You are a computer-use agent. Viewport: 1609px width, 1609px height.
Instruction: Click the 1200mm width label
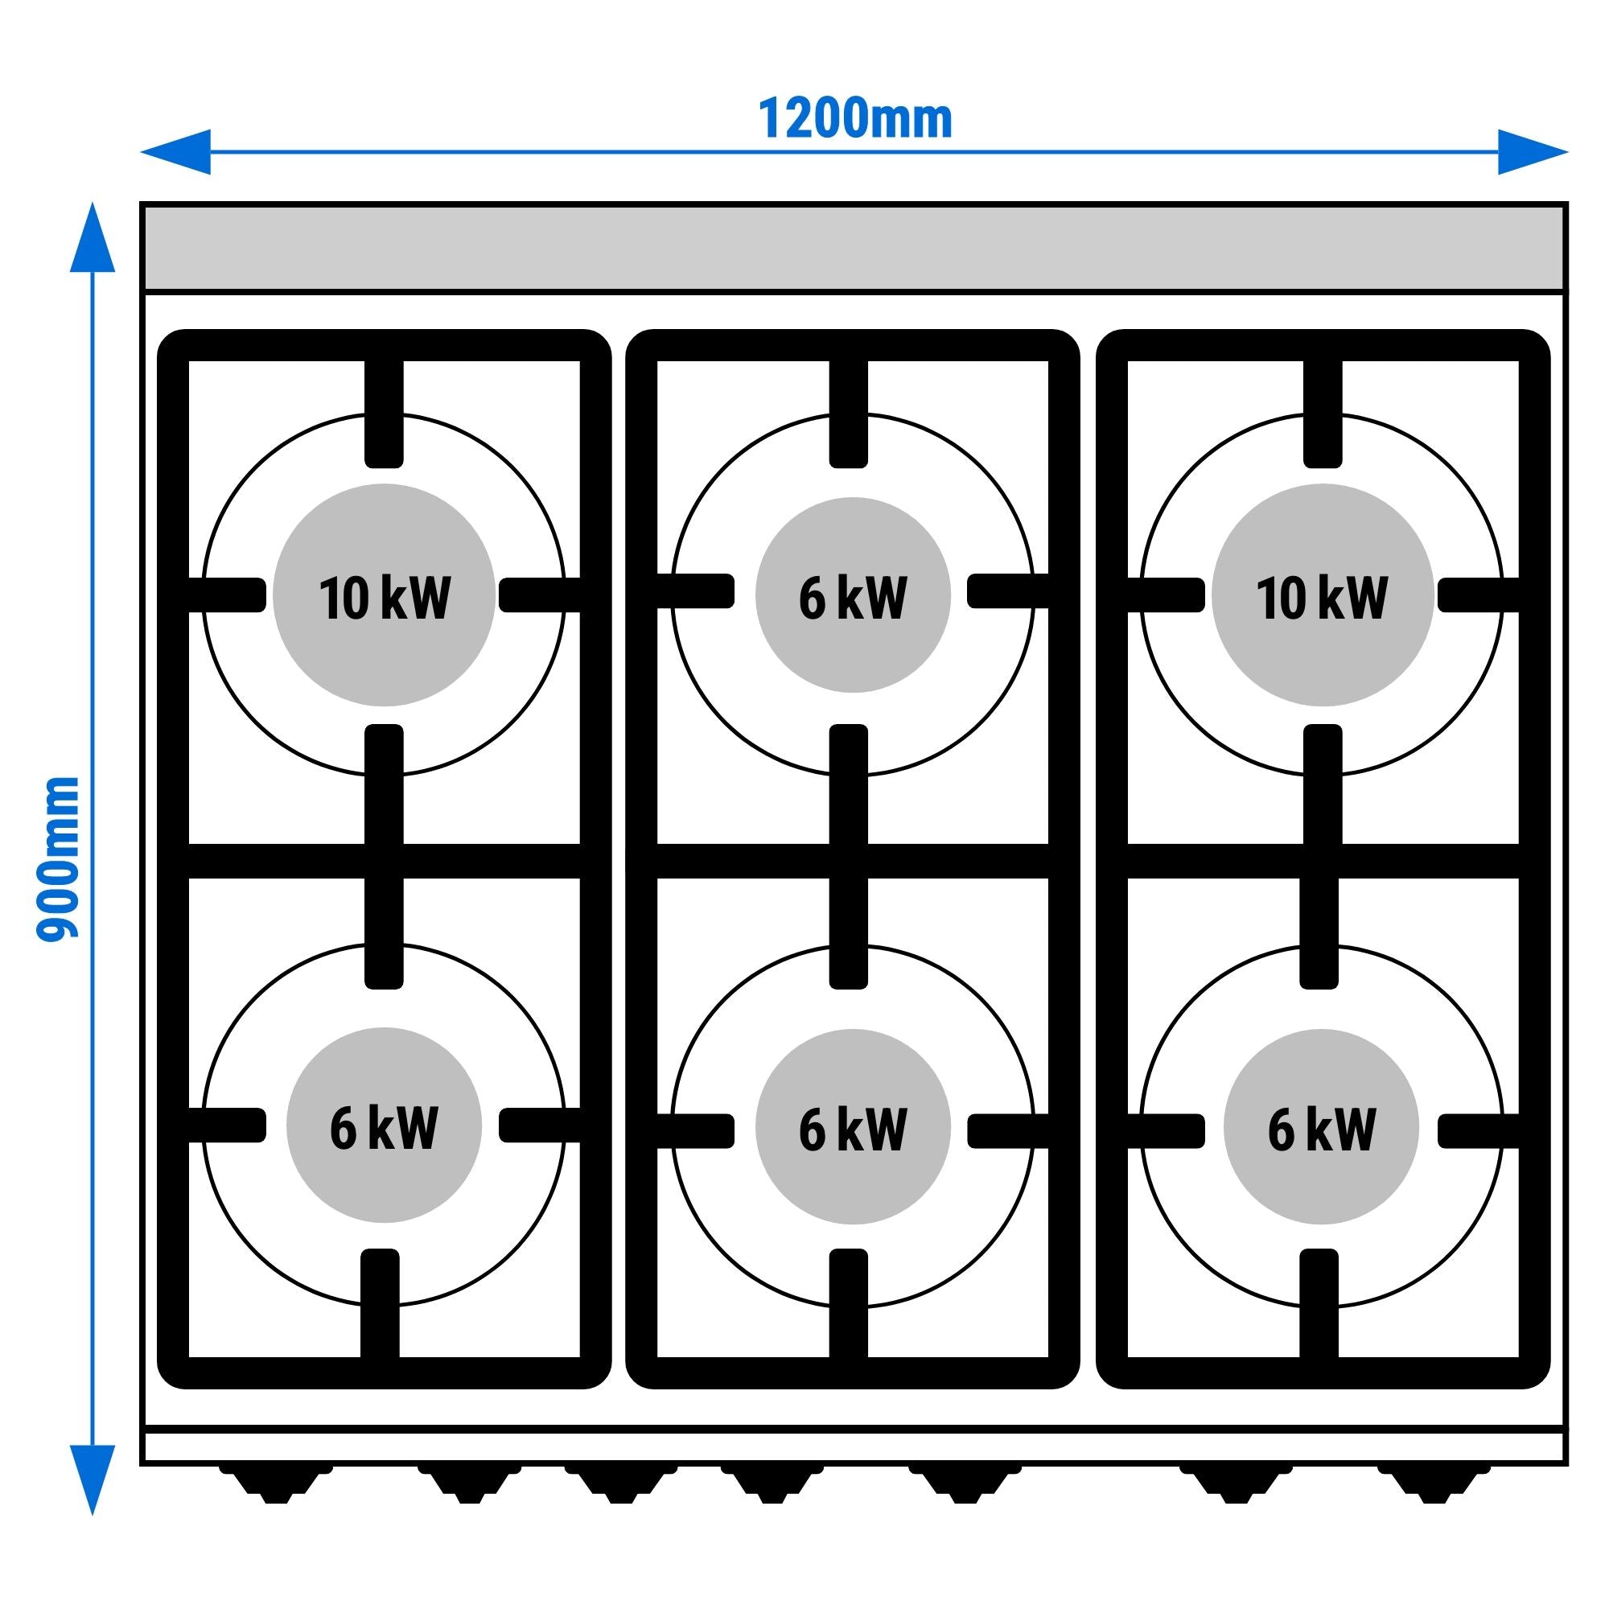[854, 120]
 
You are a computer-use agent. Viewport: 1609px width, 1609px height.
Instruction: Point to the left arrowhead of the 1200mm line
[175, 152]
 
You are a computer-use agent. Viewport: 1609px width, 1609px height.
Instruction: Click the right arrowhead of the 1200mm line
[1533, 152]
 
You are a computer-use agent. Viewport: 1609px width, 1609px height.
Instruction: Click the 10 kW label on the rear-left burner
[384, 597]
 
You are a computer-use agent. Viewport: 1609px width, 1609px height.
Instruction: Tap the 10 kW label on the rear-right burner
[1322, 597]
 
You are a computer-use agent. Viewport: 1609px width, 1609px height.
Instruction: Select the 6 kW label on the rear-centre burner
[853, 597]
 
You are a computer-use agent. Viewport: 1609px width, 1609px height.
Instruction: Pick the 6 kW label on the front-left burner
[384, 1128]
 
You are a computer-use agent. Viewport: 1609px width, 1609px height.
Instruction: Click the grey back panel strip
[854, 247]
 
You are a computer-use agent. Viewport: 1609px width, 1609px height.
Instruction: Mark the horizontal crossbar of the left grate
[384, 861]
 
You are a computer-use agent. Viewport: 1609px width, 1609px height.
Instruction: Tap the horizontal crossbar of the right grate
[1323, 861]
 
